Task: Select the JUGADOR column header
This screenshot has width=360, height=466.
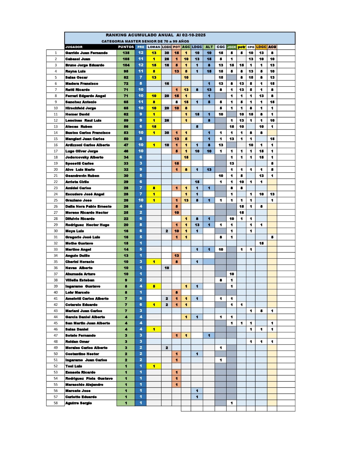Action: click(x=74, y=47)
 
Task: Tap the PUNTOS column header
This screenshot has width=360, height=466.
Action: click(x=126, y=47)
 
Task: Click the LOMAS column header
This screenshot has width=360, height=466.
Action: click(x=154, y=47)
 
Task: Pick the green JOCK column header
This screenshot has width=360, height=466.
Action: click(x=232, y=47)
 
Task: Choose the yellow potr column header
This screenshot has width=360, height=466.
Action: click(x=241, y=47)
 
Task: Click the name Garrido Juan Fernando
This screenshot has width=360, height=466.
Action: click(x=87, y=53)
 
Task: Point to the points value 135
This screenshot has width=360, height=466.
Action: click(x=126, y=53)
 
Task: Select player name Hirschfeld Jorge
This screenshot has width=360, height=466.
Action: click(x=81, y=108)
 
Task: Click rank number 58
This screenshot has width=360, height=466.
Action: click(x=56, y=403)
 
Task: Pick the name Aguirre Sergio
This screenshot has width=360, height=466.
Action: click(x=79, y=403)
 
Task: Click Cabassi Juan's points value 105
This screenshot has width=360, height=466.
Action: click(x=126, y=59)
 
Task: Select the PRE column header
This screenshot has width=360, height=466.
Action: click(x=141, y=47)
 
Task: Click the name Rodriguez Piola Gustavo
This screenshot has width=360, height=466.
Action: click(x=89, y=378)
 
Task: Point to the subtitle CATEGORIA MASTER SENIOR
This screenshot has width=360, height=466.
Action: click(x=145, y=41)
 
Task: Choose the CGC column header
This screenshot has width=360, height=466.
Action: click(x=221, y=47)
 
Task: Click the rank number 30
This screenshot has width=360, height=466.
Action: click(x=56, y=231)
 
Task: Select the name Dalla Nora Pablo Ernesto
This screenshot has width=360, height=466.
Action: click(x=89, y=206)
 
